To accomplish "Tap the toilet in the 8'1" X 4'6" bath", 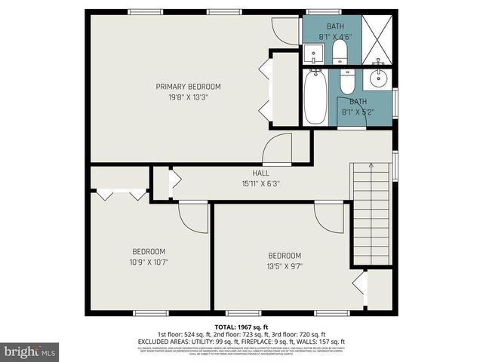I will pos(339,53).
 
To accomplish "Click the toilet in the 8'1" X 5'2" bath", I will pos(347,80).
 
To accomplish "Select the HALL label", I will pos(261,173).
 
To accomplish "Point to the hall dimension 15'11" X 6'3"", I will pos(261,183).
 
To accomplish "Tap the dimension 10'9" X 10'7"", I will pos(149,262).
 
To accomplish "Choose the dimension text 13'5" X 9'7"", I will pos(285,266).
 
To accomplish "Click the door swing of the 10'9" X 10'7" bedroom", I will pos(193,219).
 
